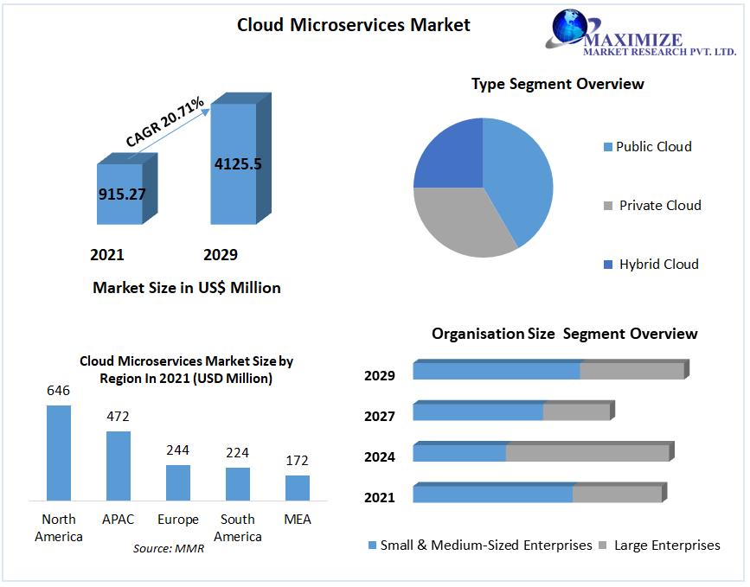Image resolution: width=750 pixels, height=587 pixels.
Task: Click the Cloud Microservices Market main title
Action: click(x=354, y=25)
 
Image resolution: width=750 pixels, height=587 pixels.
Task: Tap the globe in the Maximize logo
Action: click(x=572, y=29)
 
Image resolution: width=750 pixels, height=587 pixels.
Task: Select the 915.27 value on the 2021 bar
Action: click(x=122, y=194)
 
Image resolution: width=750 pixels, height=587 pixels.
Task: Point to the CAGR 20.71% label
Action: click(x=164, y=122)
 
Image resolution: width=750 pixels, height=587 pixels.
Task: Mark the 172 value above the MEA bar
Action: click(x=297, y=461)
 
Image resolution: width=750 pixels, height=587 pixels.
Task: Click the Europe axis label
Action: click(x=178, y=520)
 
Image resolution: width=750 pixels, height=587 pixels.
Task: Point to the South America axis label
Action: click(x=237, y=527)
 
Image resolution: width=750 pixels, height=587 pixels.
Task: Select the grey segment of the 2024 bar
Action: click(x=587, y=453)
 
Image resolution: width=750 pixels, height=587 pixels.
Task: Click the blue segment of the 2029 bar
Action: click(x=496, y=371)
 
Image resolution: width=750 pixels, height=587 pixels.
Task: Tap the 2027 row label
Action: click(x=380, y=417)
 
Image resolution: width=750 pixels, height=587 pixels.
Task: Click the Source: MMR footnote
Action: click(x=169, y=548)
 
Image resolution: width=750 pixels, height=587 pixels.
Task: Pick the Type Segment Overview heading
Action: click(x=557, y=84)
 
